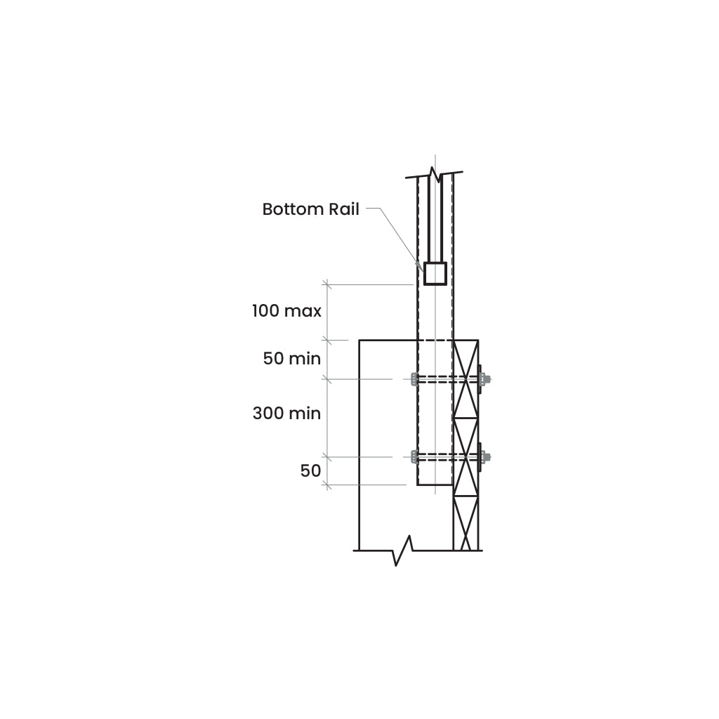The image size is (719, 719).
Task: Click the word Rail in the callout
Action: pyautogui.click(x=344, y=209)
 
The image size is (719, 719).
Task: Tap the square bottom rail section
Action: pyautogui.click(x=435, y=274)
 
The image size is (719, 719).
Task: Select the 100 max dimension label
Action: pyautogui.click(x=286, y=311)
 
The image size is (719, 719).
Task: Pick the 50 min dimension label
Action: pyautogui.click(x=291, y=359)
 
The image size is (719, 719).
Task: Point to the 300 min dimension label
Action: pyautogui.click(x=286, y=414)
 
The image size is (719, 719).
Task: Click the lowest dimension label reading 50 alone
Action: pyautogui.click(x=310, y=471)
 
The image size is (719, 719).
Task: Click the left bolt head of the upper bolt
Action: pyautogui.click(x=414, y=379)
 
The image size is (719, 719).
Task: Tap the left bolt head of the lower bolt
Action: pyautogui.click(x=414, y=456)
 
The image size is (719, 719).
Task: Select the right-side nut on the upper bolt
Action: pyautogui.click(x=484, y=379)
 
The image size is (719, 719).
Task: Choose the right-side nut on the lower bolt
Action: pyautogui.click(x=484, y=456)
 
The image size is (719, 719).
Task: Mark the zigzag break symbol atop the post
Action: pyautogui.click(x=434, y=174)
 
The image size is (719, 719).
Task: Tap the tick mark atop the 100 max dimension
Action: pyautogui.click(x=326, y=285)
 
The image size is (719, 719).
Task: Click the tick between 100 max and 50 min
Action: pyautogui.click(x=326, y=341)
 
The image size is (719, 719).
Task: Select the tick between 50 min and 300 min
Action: pyautogui.click(x=326, y=379)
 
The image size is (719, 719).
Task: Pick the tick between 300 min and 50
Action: pyautogui.click(x=326, y=456)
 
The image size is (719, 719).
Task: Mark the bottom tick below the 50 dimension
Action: pyautogui.click(x=326, y=484)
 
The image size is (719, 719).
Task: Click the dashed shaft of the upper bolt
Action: pyautogui.click(x=447, y=379)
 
